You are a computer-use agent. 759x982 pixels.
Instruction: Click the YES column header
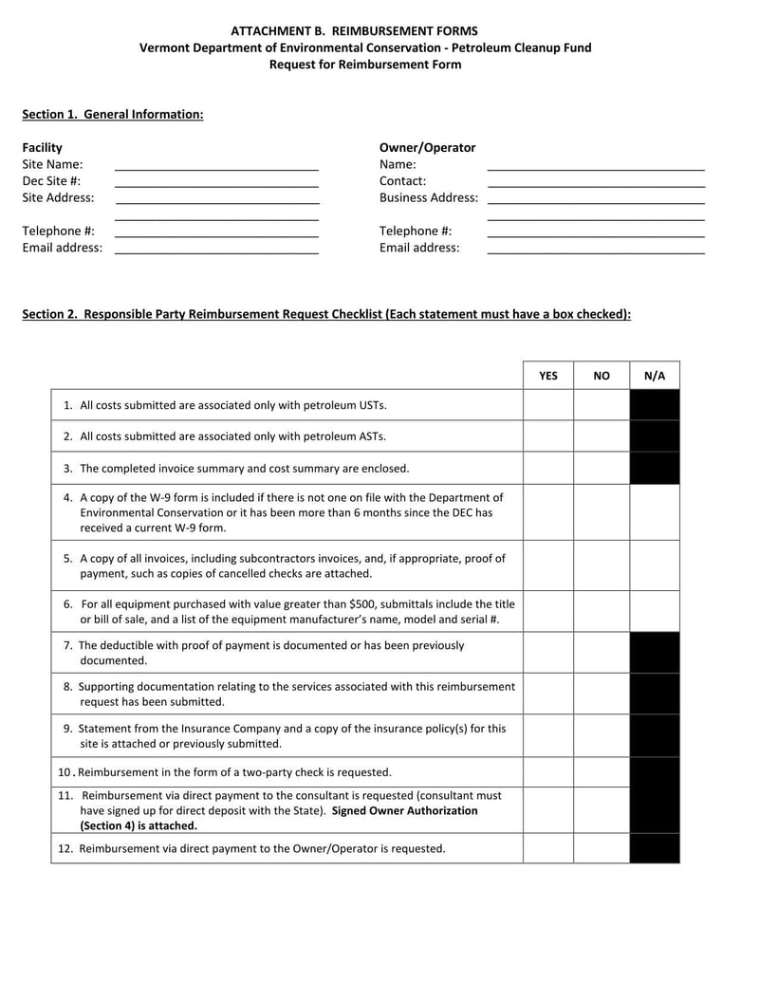click(x=548, y=376)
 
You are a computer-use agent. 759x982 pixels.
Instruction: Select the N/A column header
click(x=655, y=376)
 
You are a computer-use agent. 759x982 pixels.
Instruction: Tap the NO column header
click(x=602, y=376)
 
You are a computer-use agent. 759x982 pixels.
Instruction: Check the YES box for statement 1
click(x=548, y=405)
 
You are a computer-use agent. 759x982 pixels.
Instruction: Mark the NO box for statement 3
click(x=602, y=468)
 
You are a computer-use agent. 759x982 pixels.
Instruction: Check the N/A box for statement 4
click(x=655, y=512)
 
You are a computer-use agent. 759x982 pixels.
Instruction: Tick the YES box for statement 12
click(x=548, y=848)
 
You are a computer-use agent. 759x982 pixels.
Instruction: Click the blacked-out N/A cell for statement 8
click(x=655, y=694)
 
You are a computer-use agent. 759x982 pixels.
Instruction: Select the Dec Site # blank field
click(x=216, y=183)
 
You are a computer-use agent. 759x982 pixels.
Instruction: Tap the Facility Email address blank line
click(x=216, y=250)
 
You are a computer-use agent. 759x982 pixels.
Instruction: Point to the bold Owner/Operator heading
click(x=427, y=147)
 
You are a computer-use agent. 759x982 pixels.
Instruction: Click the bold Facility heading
click(x=42, y=147)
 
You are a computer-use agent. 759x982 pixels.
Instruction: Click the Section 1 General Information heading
click(x=113, y=114)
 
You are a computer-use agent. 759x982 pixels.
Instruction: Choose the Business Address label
click(x=428, y=197)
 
